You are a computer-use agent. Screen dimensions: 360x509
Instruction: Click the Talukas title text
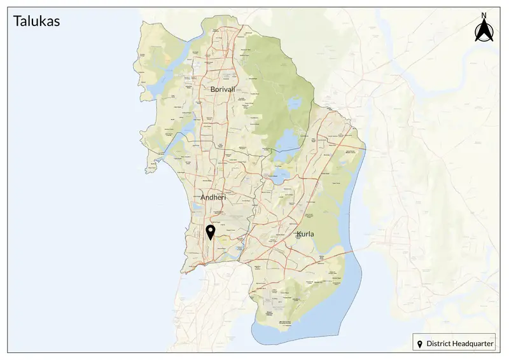pos(36,21)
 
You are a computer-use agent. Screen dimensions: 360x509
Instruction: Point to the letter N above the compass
pos(484,15)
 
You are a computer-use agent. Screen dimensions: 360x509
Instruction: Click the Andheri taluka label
pos(213,198)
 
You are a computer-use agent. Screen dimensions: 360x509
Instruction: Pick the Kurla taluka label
pos(305,235)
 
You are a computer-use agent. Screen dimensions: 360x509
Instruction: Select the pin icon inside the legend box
pos(420,344)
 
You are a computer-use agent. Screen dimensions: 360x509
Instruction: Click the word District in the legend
pos(438,344)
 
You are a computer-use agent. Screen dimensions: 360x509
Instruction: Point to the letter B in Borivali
pos(206,90)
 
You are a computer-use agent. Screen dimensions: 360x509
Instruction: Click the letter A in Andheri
pos(203,198)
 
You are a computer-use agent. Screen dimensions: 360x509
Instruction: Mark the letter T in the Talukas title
pos(17,21)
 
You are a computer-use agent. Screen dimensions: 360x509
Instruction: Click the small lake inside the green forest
pos(293,103)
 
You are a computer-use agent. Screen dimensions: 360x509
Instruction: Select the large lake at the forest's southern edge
pos(286,139)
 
